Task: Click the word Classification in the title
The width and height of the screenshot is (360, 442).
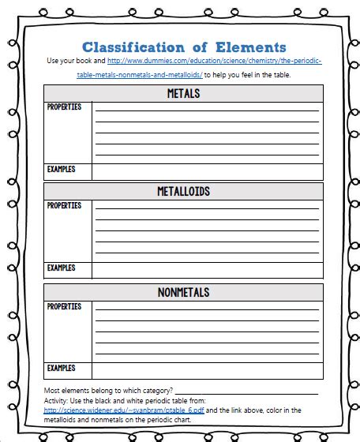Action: click(132, 47)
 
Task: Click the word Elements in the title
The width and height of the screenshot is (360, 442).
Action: click(249, 47)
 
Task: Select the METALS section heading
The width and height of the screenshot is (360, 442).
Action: click(183, 94)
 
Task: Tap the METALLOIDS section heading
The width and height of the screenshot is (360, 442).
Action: click(183, 192)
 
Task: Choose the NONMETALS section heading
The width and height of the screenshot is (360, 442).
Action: click(183, 292)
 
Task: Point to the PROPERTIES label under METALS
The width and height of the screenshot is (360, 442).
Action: click(64, 107)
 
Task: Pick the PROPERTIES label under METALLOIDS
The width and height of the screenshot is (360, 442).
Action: click(64, 206)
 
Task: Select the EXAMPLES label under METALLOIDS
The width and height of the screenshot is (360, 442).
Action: click(61, 268)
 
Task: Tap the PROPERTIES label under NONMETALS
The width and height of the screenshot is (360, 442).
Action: click(64, 306)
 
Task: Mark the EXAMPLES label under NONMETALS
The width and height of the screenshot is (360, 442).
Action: click(61, 368)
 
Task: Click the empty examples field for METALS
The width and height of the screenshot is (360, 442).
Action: click(207, 171)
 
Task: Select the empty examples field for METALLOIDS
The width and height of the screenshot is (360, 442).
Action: click(207, 270)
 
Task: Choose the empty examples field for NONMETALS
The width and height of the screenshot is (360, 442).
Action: click(207, 369)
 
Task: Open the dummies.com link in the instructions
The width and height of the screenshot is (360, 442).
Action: click(213, 61)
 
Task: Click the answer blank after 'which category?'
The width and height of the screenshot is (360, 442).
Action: click(246, 390)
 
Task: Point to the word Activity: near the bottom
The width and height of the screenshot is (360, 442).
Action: click(58, 400)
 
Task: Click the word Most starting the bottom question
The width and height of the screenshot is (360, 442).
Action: click(52, 390)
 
